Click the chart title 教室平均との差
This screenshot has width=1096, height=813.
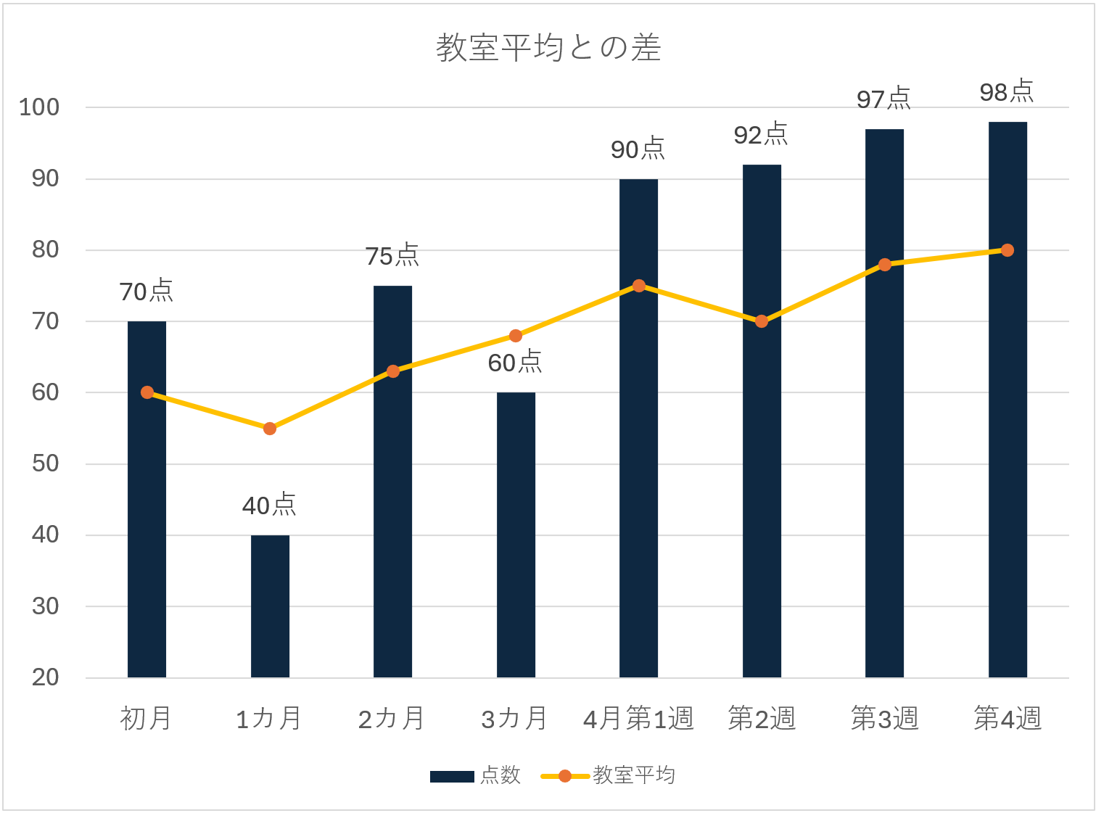(x=548, y=48)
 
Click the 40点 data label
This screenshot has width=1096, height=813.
(x=269, y=505)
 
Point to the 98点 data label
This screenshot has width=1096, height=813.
(x=1007, y=91)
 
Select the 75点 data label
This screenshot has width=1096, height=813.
(x=392, y=255)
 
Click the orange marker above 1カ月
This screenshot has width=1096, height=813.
(x=270, y=429)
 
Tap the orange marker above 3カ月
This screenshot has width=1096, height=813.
(x=516, y=336)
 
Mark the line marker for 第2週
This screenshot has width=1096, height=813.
(x=762, y=321)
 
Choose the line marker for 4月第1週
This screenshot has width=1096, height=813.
(x=639, y=286)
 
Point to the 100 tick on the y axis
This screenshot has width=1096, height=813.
(x=39, y=107)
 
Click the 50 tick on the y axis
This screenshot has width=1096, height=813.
(x=45, y=463)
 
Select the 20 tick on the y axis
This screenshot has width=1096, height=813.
(x=45, y=677)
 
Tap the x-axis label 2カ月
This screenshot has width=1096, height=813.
(x=392, y=719)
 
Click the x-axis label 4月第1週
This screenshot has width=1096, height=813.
(x=638, y=719)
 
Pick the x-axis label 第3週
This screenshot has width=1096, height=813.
(x=884, y=719)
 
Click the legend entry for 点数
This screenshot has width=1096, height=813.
(x=476, y=775)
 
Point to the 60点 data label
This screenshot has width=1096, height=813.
(x=515, y=362)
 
